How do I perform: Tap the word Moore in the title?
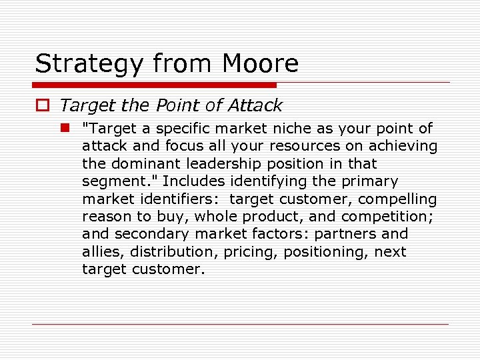[x=261, y=63]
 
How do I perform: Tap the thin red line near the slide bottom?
[x=240, y=324]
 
